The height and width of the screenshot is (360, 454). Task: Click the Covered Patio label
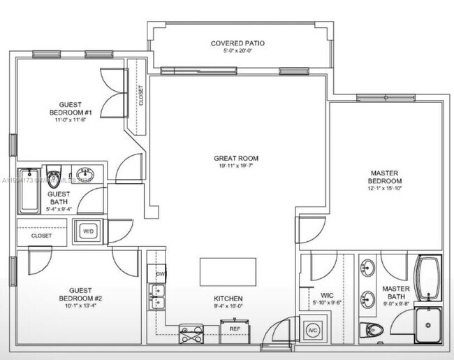coord(237,43)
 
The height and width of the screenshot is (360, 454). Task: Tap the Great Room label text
coord(237,159)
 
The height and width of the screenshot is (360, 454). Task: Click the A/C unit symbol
coord(312,329)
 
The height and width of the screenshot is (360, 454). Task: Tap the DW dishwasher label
coord(160,274)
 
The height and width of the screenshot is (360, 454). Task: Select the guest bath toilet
coord(55,173)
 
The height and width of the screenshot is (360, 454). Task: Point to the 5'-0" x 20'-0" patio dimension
coord(237,52)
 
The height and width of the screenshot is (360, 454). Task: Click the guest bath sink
coord(87,173)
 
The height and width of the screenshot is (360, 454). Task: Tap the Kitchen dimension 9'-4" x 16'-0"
coord(228,305)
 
